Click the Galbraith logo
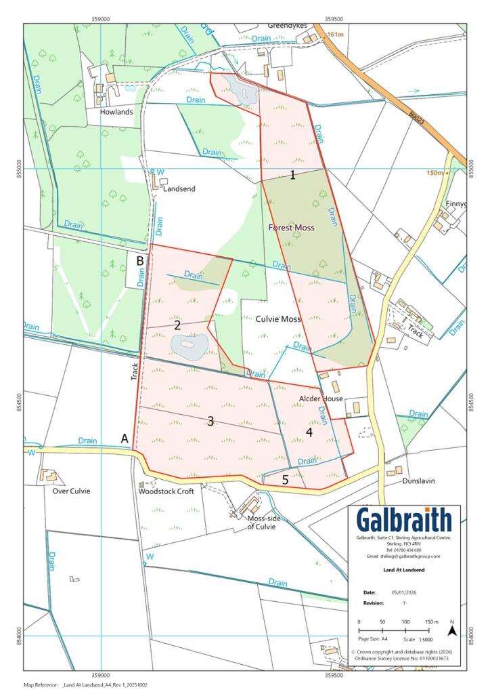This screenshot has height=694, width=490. [404, 520]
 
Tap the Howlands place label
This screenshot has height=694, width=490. [116, 112]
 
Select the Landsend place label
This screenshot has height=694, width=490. [179, 188]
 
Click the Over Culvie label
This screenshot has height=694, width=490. [71, 491]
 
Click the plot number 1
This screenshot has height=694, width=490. [292, 176]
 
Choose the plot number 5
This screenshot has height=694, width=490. [285, 479]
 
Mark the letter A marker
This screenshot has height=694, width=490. [125, 438]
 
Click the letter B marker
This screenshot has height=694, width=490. [140, 260]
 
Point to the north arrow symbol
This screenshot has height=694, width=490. [451, 630]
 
